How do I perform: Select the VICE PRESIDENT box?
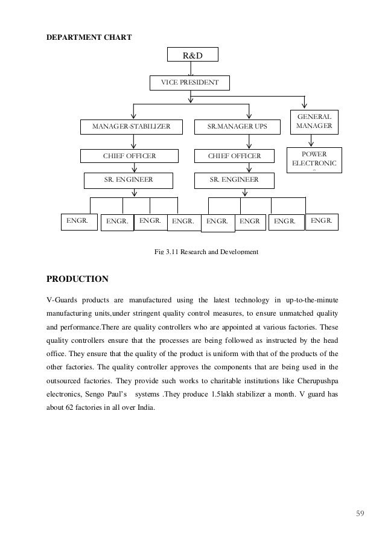[189, 82]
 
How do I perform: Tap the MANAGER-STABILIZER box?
[130, 127]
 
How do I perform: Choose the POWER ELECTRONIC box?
[314, 159]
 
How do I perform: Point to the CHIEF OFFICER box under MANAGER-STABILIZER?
[129, 156]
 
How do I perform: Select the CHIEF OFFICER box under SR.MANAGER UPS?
[234, 156]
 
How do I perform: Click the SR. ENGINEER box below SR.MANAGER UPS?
[234, 180]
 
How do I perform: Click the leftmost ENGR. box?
[77, 222]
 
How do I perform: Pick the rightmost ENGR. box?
[321, 222]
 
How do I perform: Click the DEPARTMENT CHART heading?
[89, 37]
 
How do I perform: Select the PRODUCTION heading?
[77, 279]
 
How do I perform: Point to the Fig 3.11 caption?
[206, 250]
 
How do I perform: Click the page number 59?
[360, 514]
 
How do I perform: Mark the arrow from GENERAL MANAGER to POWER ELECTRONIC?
[311, 141]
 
